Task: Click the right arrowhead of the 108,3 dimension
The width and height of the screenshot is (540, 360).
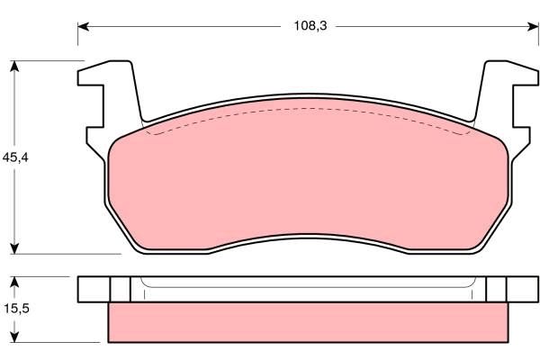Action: [529, 26]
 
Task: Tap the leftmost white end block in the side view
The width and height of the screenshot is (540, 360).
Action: [94, 288]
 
